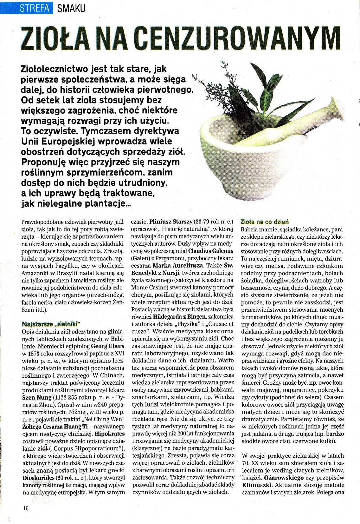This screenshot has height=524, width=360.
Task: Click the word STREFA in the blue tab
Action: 35,8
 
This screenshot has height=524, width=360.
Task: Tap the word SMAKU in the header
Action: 71,8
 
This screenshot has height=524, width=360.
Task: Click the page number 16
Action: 26,508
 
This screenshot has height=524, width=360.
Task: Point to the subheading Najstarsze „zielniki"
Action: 50,324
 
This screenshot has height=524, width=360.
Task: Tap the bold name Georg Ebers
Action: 108,346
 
